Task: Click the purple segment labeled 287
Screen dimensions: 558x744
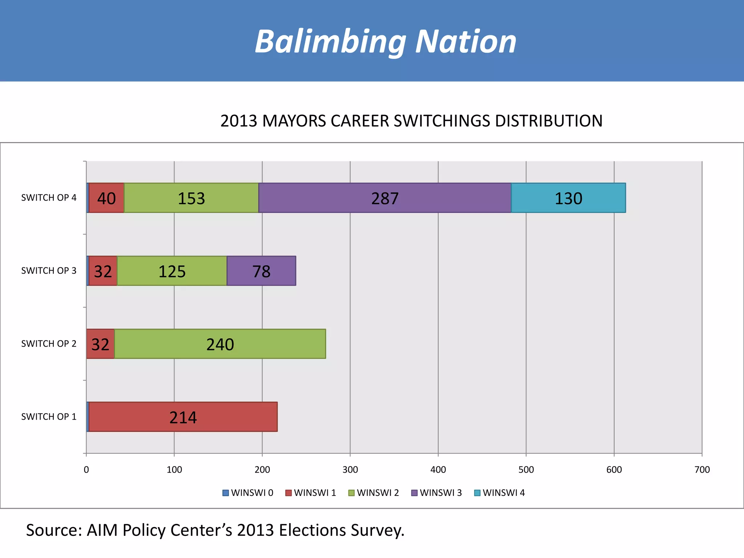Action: tap(385, 198)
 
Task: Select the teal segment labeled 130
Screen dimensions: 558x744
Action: tap(569, 198)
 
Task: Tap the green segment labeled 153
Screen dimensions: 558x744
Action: tap(191, 198)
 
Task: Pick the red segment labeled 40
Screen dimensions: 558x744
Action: tap(106, 198)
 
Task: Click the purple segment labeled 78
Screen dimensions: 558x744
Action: tap(261, 271)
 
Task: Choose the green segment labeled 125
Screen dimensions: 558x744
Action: tap(172, 271)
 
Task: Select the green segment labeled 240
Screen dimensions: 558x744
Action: tap(220, 344)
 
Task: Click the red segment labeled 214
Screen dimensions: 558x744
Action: tap(183, 417)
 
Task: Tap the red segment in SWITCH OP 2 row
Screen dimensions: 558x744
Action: tap(100, 344)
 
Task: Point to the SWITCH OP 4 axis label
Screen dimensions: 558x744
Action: tap(49, 198)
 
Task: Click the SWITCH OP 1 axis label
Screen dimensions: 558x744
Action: tap(49, 417)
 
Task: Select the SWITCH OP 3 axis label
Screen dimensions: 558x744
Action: tap(49, 271)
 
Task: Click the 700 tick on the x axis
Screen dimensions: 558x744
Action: tap(702, 470)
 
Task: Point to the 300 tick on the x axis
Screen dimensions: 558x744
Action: tap(350, 470)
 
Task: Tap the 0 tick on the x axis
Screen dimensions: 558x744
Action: tap(86, 470)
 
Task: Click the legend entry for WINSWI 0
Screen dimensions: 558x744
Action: tap(248, 493)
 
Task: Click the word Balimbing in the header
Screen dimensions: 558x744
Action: tap(330, 42)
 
